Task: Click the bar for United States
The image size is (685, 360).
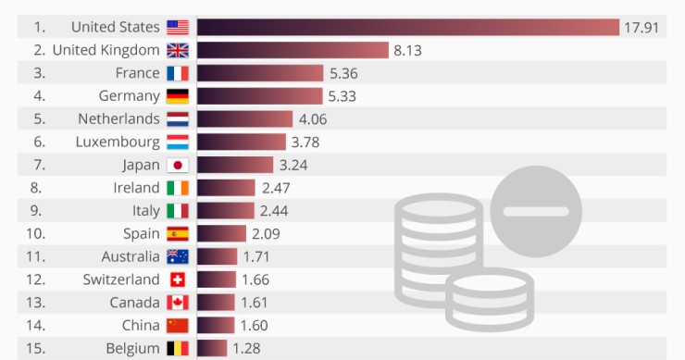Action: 407,27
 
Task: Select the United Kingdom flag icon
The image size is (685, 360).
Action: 178,50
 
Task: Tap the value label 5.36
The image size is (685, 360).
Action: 342,73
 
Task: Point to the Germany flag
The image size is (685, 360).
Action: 178,96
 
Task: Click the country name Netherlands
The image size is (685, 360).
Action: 118,119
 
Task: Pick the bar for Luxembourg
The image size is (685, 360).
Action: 242,142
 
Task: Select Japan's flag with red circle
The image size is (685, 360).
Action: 178,165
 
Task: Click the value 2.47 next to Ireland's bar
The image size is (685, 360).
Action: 275,188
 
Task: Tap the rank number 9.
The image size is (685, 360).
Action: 38,211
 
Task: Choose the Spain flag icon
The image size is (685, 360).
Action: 178,234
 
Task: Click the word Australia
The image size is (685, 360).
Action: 131,256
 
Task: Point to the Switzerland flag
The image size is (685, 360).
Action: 178,279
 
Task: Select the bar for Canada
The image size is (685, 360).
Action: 216,303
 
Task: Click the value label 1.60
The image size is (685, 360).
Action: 254,325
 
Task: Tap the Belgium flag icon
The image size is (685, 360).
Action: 178,348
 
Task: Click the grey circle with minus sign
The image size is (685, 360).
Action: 536,211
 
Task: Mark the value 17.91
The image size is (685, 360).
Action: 641,27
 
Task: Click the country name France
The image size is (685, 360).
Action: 139,73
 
